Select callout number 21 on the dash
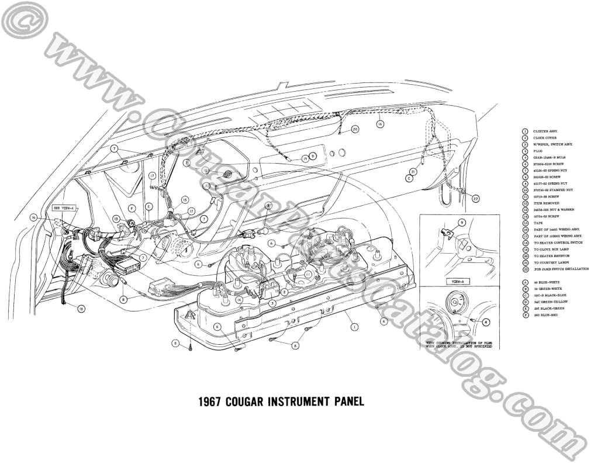[412, 172]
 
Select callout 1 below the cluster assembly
[354, 328]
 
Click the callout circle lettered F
[133, 208]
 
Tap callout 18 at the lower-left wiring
[81, 308]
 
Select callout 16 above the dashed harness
[379, 124]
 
